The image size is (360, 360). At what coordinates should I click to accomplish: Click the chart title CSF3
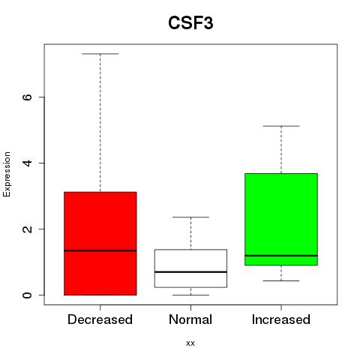point(190,23)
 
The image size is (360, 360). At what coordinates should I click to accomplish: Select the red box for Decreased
point(100,244)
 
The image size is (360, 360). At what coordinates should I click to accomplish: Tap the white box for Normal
point(190,268)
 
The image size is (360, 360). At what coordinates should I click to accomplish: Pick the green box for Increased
point(281,219)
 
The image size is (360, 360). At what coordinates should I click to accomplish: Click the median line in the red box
point(100,250)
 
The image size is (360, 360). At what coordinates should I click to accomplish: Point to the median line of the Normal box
point(190,271)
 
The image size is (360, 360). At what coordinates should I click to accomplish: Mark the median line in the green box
point(281,256)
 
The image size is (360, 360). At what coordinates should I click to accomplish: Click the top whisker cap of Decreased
point(100,54)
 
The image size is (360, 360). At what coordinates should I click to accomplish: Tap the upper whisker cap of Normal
point(190,217)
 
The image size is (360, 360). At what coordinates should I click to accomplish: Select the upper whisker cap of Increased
point(281,126)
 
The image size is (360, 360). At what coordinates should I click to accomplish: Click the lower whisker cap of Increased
point(281,280)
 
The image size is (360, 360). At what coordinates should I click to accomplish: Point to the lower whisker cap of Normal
point(190,295)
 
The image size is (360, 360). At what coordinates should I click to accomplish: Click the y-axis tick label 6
point(27,97)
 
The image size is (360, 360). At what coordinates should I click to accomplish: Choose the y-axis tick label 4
point(27,163)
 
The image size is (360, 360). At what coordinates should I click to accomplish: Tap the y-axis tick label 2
point(27,229)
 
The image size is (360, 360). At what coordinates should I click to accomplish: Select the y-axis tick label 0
point(27,295)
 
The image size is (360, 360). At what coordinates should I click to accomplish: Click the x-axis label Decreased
point(100,319)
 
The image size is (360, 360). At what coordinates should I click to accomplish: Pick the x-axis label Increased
point(281,319)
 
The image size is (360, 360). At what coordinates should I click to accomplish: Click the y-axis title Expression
point(7,174)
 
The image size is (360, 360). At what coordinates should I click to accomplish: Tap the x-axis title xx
point(190,343)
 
